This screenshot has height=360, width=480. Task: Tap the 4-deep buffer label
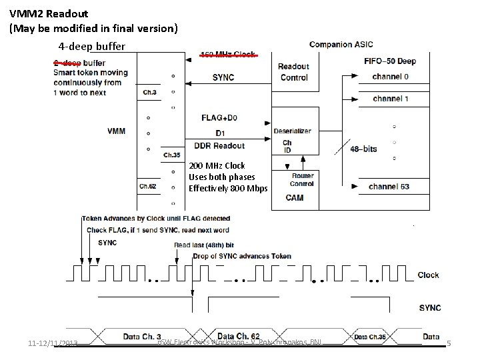(91, 47)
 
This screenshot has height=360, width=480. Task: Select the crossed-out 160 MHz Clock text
(228, 55)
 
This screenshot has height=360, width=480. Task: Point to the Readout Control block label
(293, 71)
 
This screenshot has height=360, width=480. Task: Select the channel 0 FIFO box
(391, 77)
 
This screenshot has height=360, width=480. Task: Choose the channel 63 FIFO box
(389, 187)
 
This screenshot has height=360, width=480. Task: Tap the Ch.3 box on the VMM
(149, 93)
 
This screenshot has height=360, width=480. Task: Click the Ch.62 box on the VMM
(148, 186)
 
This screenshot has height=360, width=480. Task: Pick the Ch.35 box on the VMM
(172, 155)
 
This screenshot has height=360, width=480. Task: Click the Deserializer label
(292, 131)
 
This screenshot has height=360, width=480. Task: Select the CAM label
(295, 197)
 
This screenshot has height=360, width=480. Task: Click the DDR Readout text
(219, 146)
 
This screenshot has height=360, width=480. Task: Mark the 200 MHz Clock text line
(217, 165)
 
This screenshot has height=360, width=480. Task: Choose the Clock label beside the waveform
(429, 275)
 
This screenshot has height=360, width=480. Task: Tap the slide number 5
(449, 343)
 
